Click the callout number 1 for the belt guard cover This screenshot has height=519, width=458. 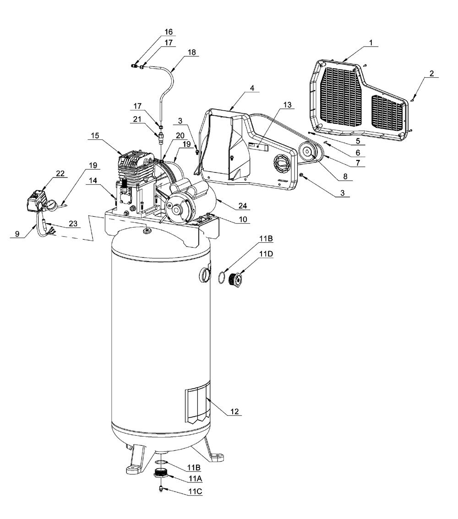[371, 43]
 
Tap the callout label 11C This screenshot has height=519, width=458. [195, 492]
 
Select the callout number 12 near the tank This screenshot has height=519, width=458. [234, 412]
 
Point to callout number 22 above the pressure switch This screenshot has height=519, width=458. [60, 173]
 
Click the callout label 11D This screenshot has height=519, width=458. [266, 253]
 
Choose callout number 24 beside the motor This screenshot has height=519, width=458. [243, 206]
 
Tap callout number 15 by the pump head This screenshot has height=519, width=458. [95, 136]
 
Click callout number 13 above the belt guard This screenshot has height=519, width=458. [287, 105]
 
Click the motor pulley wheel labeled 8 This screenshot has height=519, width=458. [307, 152]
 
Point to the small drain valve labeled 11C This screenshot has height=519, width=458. [160, 487]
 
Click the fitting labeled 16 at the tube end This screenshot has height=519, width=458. [134, 66]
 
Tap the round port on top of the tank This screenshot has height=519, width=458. [146, 230]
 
